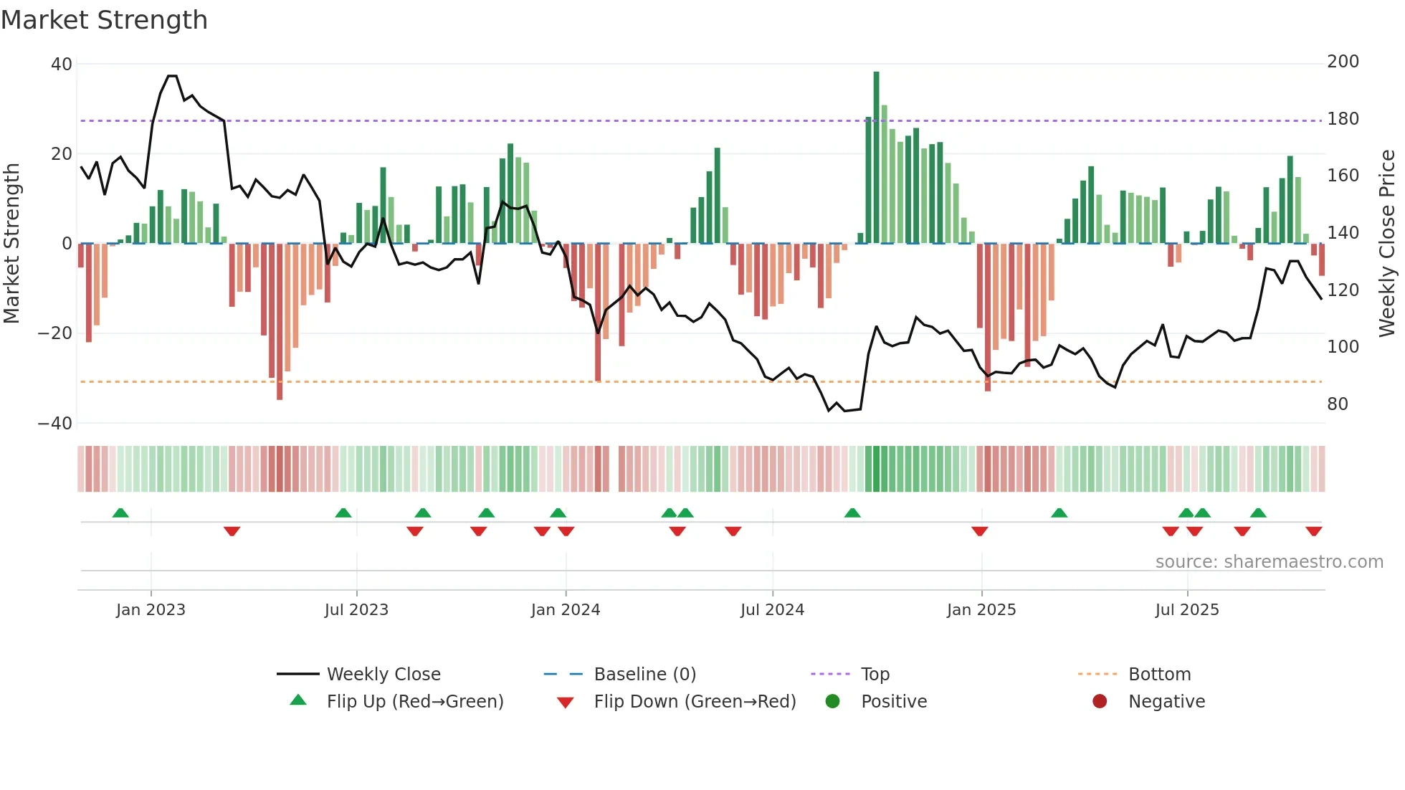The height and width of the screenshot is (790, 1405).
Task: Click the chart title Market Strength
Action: pyautogui.click(x=104, y=20)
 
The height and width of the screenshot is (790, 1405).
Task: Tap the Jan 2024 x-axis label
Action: pyautogui.click(x=566, y=610)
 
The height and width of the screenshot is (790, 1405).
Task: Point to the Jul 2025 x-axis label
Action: pyautogui.click(x=1187, y=610)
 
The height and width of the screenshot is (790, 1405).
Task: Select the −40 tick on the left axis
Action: pyautogui.click(x=55, y=424)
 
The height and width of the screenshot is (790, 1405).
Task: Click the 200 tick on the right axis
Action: pyautogui.click(x=1343, y=62)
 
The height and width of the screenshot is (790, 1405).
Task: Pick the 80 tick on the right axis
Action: pyautogui.click(x=1337, y=404)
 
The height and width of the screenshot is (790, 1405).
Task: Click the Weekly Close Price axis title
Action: pyautogui.click(x=1387, y=244)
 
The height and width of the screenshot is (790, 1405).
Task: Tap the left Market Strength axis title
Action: pyautogui.click(x=12, y=244)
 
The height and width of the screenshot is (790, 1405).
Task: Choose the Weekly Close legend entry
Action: pyautogui.click(x=384, y=675)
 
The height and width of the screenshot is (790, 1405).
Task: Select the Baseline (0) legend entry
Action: pyautogui.click(x=644, y=675)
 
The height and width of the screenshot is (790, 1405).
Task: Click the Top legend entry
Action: pyautogui.click(x=875, y=675)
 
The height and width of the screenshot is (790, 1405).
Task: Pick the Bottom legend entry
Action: pyautogui.click(x=1159, y=675)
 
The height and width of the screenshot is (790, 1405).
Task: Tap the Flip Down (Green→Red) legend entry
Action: pyautogui.click(x=695, y=702)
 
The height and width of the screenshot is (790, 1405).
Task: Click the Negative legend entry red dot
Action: pyautogui.click(x=1100, y=702)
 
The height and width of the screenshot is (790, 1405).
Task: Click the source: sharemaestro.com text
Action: pyautogui.click(x=1269, y=562)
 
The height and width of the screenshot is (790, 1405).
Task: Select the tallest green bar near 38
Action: pyautogui.click(x=876, y=158)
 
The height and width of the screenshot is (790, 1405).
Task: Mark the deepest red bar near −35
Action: pyautogui.click(x=280, y=323)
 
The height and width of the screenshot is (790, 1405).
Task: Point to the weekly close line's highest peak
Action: pyautogui.click(x=172, y=76)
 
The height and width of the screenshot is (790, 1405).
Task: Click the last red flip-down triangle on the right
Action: pyautogui.click(x=1313, y=531)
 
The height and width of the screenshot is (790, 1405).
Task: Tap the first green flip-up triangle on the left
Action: pyautogui.click(x=120, y=513)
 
